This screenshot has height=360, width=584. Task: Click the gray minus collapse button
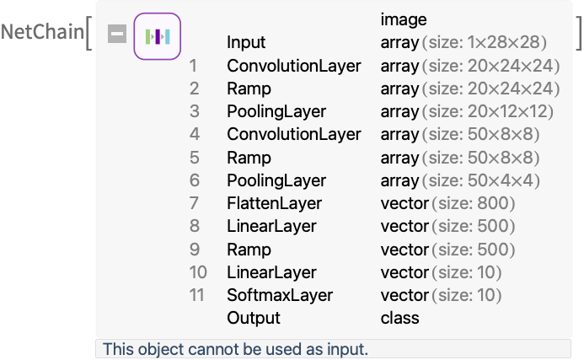coord(117,34)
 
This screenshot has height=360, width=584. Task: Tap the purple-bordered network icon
coord(158,36)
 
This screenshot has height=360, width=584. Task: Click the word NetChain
coord(42,32)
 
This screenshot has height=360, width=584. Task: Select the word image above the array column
coord(404,19)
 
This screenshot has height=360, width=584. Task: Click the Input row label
coord(246,42)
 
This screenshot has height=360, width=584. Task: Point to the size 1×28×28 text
coord(485,42)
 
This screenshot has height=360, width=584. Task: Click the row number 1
coord(193,66)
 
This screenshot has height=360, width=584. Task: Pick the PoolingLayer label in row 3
coord(276,111)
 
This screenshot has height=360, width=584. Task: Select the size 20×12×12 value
coord(488,111)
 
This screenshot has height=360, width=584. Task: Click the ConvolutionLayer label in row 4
coord(294,134)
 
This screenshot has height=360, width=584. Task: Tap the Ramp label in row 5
coord(249,158)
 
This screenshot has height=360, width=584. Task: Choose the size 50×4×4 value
coord(481,180)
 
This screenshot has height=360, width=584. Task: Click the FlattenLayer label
coord(274,203)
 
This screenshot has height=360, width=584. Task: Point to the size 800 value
coord(474,203)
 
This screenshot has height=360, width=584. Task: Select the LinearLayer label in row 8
coord(271,226)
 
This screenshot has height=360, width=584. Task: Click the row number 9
coord(195,250)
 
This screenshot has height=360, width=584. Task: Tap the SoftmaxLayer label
coord(280,295)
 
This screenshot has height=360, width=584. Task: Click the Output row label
coord(254,318)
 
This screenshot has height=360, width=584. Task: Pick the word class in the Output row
coord(399,318)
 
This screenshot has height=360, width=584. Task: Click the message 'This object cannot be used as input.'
coord(235,349)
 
